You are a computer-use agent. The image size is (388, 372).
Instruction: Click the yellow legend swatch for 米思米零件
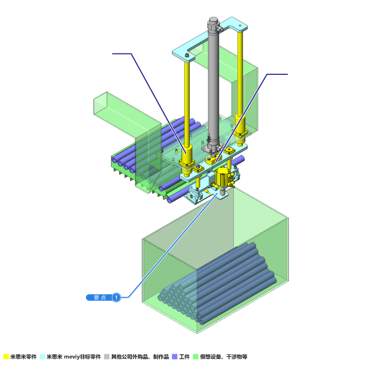(x=6, y=357)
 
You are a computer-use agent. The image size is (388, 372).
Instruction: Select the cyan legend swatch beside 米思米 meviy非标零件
(x=42, y=357)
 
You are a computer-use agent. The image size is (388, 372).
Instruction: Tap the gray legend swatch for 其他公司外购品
(x=107, y=357)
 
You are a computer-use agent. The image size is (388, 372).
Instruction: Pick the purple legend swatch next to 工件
(x=175, y=357)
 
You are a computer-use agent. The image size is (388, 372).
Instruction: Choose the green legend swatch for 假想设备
(x=196, y=357)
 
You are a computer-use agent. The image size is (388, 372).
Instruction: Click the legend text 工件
(x=185, y=357)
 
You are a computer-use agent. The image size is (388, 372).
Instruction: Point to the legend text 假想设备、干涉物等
(x=224, y=357)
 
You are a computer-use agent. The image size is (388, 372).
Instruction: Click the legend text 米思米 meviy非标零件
(x=74, y=357)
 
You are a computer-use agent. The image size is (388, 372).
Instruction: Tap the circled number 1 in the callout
(x=116, y=298)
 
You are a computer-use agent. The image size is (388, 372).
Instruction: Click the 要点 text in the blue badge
(x=100, y=298)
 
